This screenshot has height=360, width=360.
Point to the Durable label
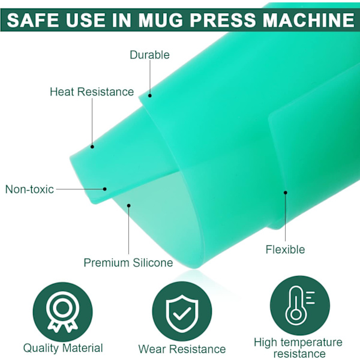pyautogui.click(x=149, y=55)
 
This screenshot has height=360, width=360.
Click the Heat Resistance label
pyautogui.click(x=92, y=92)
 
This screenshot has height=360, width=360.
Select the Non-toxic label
pyautogui.click(x=29, y=189)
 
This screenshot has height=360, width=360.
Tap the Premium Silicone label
pyautogui.click(x=128, y=262)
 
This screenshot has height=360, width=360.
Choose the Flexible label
pyautogui.click(x=286, y=249)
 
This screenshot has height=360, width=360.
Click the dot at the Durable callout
pyautogui.click(x=149, y=95)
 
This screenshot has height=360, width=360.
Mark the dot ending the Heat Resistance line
pyautogui.click(x=92, y=146)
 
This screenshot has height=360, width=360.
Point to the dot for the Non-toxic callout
pyautogui.click(x=104, y=189)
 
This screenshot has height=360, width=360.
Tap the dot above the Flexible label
pyautogui.click(x=286, y=193)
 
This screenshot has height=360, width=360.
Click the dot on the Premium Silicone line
pyautogui.click(x=128, y=205)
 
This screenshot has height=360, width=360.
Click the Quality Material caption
pyautogui.click(x=63, y=348)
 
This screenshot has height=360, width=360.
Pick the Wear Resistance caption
pyautogui.click(x=182, y=349)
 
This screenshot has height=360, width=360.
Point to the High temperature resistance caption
pyautogui.click(x=298, y=348)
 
